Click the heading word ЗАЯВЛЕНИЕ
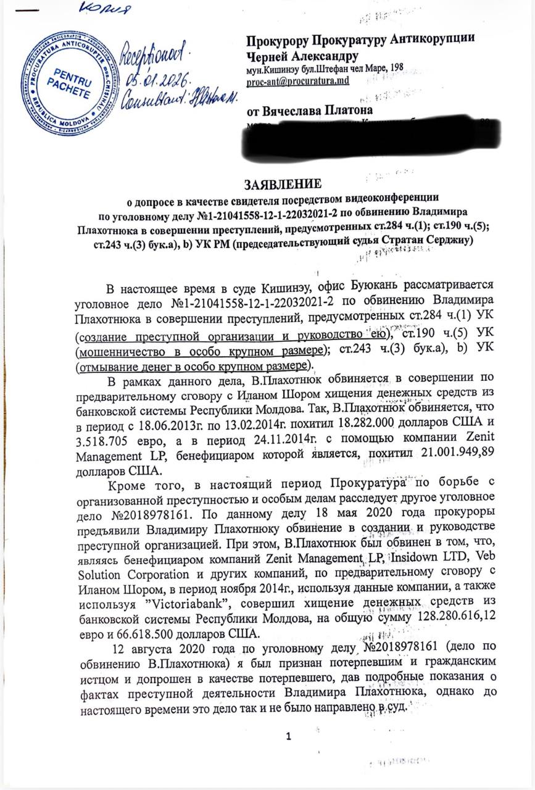[x=283, y=185]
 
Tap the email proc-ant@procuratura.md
[x=298, y=81]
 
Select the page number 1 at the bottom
[x=286, y=736]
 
